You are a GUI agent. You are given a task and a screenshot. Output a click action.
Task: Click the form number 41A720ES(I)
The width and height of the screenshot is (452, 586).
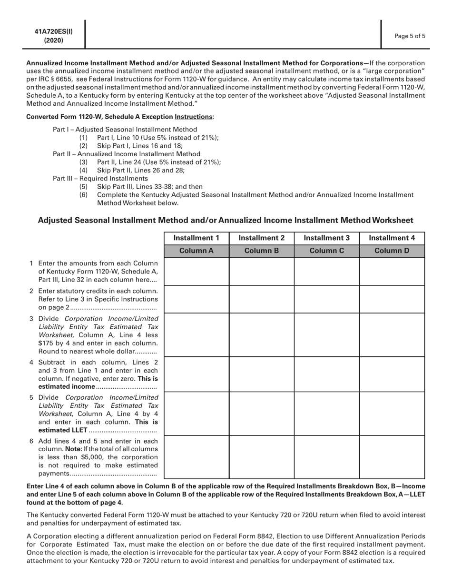coord(53,32)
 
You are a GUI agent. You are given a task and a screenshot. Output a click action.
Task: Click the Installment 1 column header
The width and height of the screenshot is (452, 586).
coord(197,238)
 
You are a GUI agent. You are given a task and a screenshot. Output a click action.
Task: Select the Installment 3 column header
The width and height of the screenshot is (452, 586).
coord(326,238)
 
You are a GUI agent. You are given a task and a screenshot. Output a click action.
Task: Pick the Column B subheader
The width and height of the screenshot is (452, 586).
coord(261,251)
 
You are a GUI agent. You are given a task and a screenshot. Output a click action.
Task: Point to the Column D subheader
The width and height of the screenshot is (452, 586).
coord(392,251)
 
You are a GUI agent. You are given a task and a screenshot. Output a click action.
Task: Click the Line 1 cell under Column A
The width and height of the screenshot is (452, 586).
coord(197,272)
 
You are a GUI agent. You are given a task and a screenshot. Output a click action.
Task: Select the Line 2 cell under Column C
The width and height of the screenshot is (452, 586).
coord(326,299)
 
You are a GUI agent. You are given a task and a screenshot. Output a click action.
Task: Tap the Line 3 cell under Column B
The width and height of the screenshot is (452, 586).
coord(261,334)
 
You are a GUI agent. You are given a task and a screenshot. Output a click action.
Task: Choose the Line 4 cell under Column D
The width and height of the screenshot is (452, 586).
coord(392,374)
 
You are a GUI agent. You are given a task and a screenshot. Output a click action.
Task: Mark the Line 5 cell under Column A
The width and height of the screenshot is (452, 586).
coord(197,413)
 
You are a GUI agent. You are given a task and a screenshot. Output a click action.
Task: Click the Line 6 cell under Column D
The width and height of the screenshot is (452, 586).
coord(392,456)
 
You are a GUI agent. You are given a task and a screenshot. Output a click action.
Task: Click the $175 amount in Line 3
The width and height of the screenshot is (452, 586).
coord(47,344)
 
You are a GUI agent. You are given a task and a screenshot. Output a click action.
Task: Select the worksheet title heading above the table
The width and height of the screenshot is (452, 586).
coord(225,220)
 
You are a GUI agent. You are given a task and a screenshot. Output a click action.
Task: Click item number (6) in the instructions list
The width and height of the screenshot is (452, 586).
coord(83,195)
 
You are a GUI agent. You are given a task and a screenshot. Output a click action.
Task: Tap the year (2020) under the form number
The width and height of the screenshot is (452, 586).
coord(53,40)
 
